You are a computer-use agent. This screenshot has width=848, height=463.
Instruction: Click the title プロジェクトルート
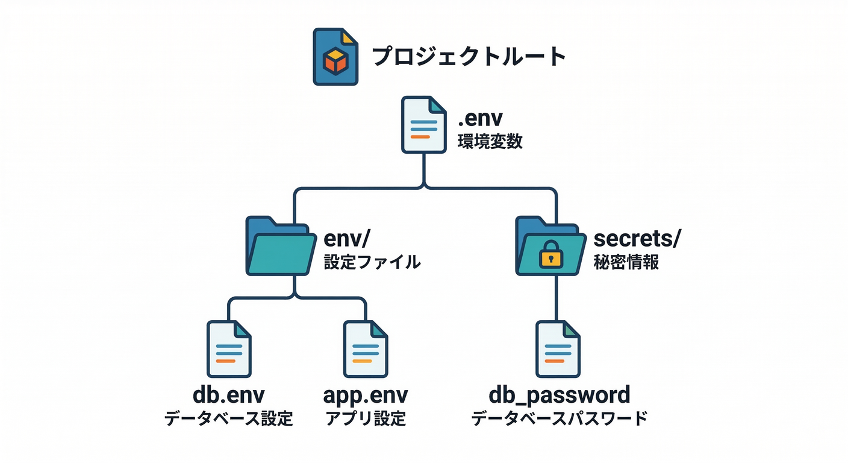[469, 57]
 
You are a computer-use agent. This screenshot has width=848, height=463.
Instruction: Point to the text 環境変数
[490, 142]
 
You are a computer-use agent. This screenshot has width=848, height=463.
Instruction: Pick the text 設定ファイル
[372, 262]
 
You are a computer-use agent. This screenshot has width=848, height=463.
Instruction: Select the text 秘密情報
[626, 263]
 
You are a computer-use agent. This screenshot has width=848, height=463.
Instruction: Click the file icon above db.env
[229, 349]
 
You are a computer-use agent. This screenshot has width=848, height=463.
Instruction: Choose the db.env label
[229, 395]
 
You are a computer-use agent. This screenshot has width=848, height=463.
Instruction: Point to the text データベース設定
[229, 418]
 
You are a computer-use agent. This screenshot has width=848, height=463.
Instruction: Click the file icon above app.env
[366, 349]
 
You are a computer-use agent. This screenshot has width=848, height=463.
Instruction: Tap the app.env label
[366, 395]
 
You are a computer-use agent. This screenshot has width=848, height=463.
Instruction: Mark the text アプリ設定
[366, 418]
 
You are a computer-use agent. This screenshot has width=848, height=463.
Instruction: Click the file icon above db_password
[558, 349]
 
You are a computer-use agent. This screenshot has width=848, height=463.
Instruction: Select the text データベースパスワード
[559, 418]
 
